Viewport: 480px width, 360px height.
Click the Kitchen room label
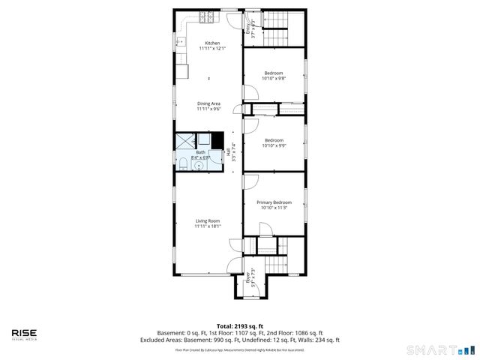(x=208, y=43)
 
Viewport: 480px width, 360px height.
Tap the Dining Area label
(x=208, y=103)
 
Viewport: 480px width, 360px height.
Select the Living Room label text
(x=208, y=220)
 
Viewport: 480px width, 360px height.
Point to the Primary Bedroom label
(x=274, y=202)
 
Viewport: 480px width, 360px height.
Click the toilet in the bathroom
(x=182, y=163)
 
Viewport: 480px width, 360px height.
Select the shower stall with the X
(x=184, y=141)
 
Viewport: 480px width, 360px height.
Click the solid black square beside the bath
(x=217, y=140)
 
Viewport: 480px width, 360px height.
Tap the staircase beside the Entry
(x=278, y=36)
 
